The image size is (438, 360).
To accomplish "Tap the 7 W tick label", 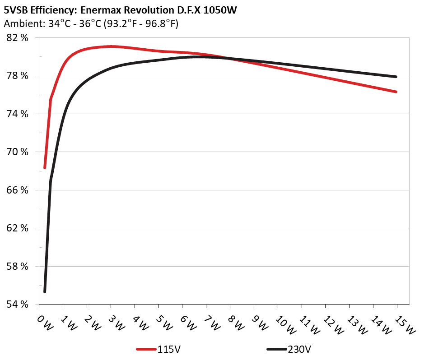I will coord(213,323).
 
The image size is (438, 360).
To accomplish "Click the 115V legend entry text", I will coord(166,349).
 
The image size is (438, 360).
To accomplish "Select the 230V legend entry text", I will coord(299,349).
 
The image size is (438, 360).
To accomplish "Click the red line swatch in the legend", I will coord(146,349).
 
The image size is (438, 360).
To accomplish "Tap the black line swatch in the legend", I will coord(276,349).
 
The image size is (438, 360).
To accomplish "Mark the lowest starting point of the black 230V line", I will coord(45,292).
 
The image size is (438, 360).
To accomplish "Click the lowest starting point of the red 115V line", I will coord(45,168).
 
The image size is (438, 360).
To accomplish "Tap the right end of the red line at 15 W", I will coord(396,92).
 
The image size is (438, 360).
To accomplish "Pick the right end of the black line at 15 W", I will coord(396,77).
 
